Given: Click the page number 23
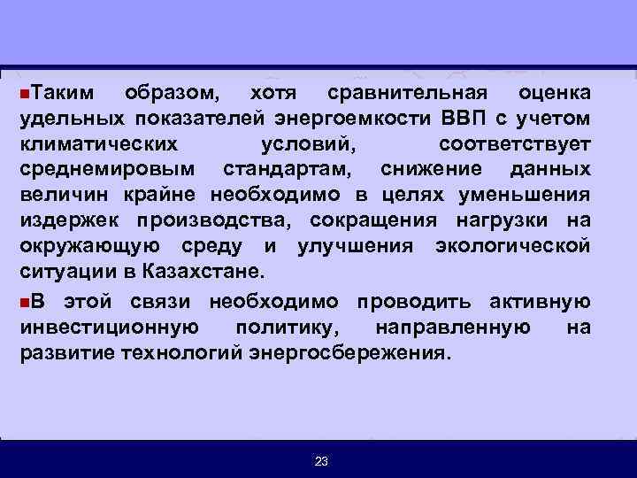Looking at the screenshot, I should [320, 461].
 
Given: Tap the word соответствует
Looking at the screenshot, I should [516, 143].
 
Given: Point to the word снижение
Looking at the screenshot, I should [430, 168].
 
